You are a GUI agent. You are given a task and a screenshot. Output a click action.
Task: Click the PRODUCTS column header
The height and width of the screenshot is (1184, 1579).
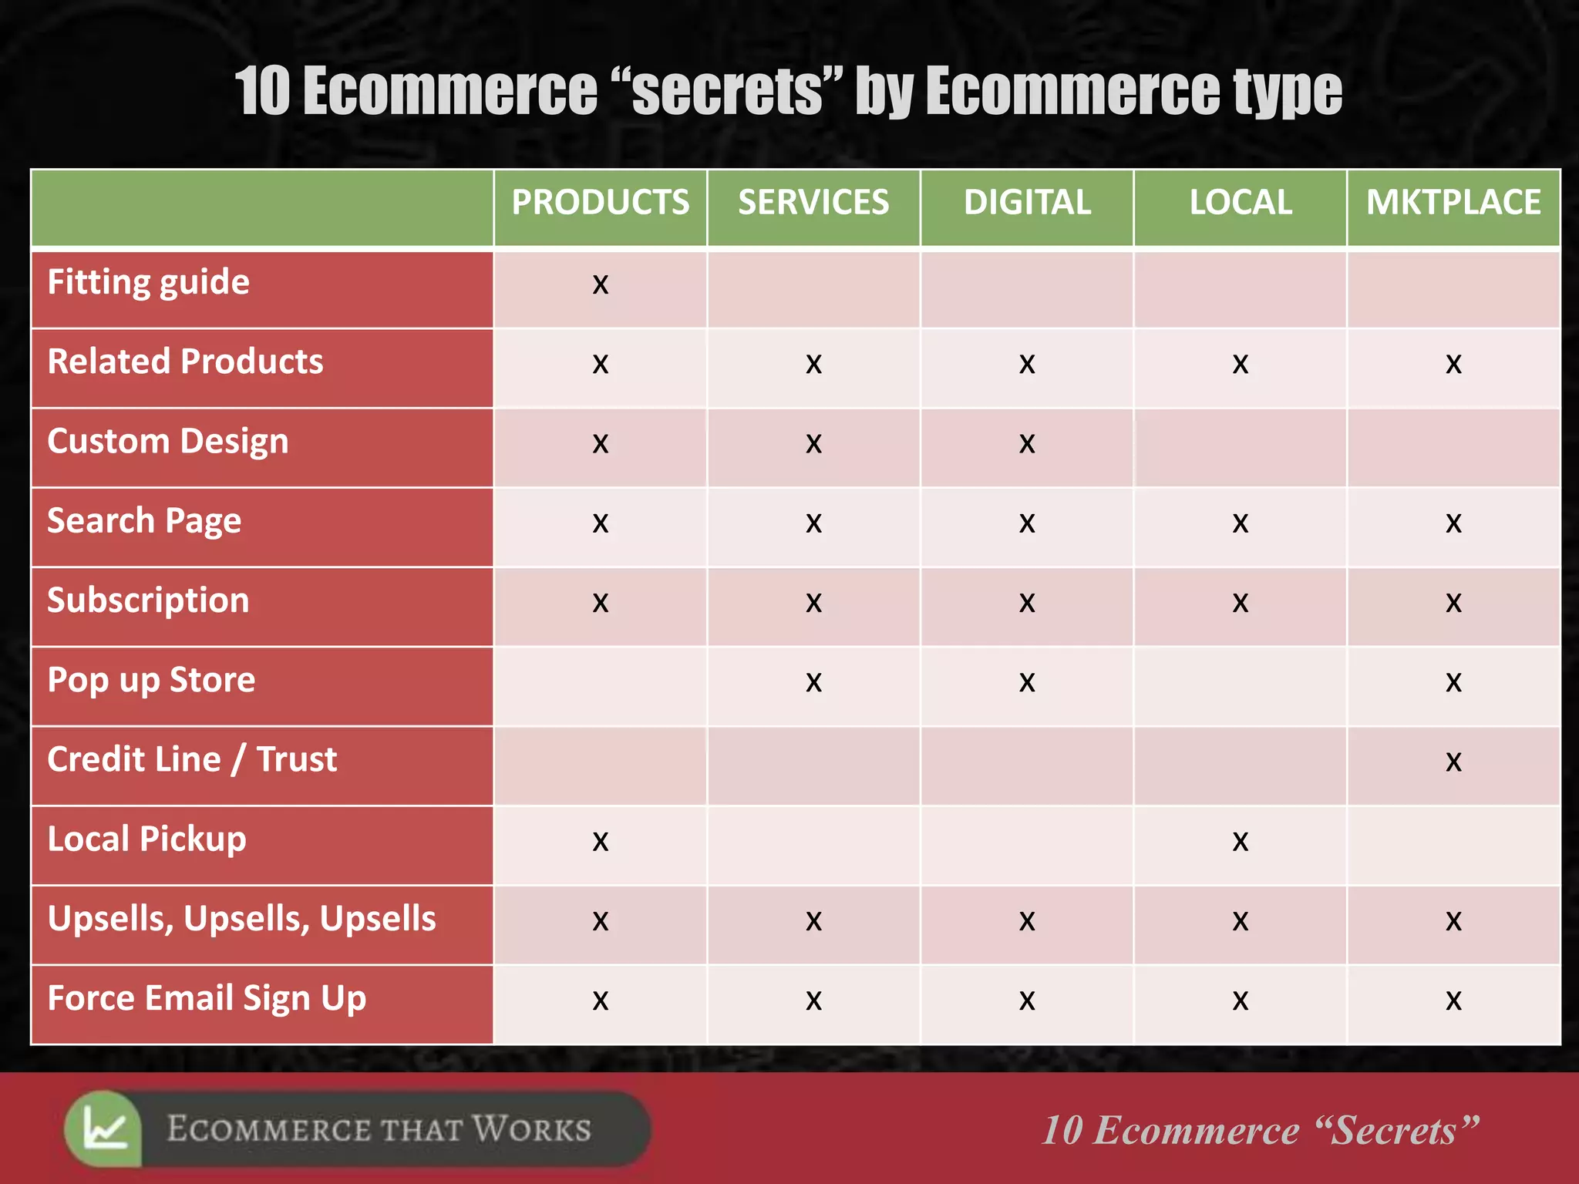[600, 203]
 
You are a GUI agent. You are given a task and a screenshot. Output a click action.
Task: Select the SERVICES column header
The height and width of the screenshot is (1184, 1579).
[813, 203]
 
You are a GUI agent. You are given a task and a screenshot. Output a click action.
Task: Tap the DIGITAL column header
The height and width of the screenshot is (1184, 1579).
[1027, 203]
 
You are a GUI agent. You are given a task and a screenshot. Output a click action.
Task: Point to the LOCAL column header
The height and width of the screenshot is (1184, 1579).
[1241, 203]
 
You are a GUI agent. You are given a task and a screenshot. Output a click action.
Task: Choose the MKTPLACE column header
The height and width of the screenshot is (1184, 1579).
[1453, 203]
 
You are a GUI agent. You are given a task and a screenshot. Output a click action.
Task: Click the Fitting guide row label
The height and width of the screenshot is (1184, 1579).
[149, 282]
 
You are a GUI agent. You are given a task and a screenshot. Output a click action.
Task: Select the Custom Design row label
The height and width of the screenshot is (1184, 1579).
[168, 442]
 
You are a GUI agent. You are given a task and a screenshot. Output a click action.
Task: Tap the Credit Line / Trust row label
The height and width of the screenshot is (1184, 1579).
[192, 760]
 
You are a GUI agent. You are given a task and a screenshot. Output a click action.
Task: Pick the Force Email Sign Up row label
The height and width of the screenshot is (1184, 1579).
[207, 999]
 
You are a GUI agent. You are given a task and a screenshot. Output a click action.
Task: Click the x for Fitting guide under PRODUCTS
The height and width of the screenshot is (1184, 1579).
[601, 285]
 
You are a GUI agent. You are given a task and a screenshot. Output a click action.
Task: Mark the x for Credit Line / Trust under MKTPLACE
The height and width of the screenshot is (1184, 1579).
[1453, 762]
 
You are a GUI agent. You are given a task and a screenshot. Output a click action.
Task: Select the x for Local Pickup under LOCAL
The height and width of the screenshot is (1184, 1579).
[1241, 842]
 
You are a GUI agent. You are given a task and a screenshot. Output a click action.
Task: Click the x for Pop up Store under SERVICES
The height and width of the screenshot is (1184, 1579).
[813, 683]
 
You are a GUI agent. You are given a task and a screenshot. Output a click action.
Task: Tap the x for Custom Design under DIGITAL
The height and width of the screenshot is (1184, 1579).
[1027, 444]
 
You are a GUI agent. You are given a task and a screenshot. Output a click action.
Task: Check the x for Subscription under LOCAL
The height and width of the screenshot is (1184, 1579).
[1241, 603]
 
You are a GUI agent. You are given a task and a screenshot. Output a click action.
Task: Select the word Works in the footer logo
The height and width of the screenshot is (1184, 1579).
[531, 1129]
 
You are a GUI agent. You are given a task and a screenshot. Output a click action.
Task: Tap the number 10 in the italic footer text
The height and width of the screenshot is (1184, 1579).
[1062, 1131]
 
